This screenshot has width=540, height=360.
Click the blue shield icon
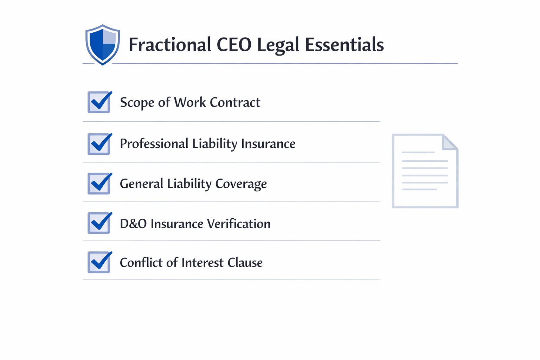click(103, 45)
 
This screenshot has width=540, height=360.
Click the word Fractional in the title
click(170, 45)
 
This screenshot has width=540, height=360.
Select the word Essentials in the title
click(344, 45)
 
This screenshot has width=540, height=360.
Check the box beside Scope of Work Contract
click(99, 102)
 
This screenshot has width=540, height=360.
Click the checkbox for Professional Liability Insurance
click(99, 144)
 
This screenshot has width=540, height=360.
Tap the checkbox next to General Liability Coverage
click(99, 184)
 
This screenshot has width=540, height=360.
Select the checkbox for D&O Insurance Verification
click(99, 223)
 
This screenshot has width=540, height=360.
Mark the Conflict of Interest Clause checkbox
click(99, 262)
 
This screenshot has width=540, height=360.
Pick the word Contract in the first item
click(235, 102)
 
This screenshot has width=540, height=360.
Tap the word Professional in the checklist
click(154, 144)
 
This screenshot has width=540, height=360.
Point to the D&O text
click(133, 224)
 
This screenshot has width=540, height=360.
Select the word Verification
click(239, 223)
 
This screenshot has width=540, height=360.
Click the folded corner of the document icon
click(450, 142)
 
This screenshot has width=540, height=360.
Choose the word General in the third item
click(142, 184)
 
